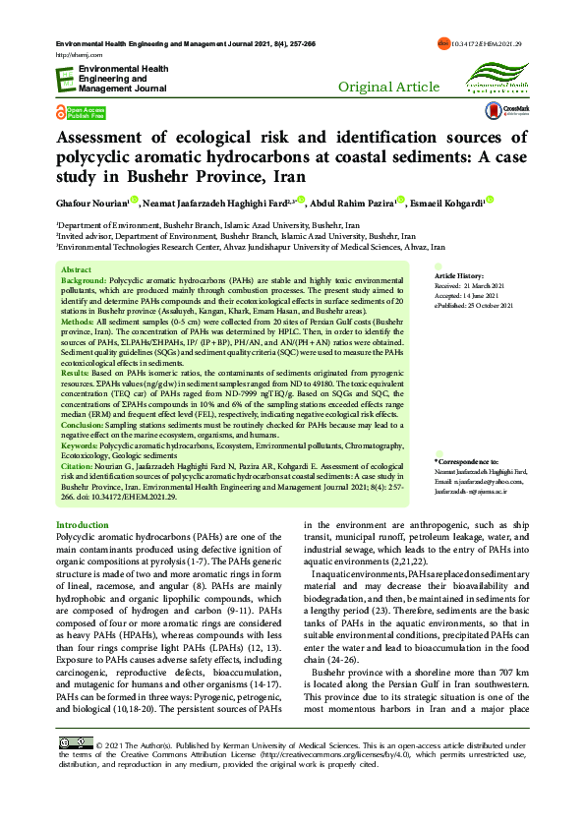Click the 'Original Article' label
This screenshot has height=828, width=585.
pos(388,88)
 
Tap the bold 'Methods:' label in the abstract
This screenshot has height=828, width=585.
pos(78,322)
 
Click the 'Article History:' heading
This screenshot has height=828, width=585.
pos(459,276)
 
